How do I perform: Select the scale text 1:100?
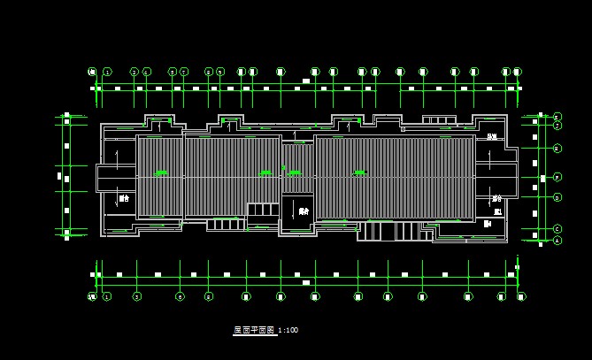(x=288, y=330)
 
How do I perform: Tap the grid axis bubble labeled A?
(x=557, y=240)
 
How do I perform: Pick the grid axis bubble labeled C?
(x=557, y=228)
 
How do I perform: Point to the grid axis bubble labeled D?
(x=557, y=197)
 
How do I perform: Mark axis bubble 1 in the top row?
(x=107, y=72)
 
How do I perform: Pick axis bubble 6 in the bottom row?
(x=180, y=296)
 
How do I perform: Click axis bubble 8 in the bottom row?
(x=209, y=296)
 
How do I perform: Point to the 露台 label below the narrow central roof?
(x=304, y=211)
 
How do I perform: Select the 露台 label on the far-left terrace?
(x=124, y=199)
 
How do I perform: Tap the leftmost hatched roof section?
(x=159, y=175)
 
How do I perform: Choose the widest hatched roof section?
(x=395, y=177)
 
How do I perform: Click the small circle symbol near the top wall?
(x=403, y=129)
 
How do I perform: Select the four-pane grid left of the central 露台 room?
(x=263, y=210)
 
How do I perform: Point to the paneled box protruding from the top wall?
(x=438, y=119)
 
